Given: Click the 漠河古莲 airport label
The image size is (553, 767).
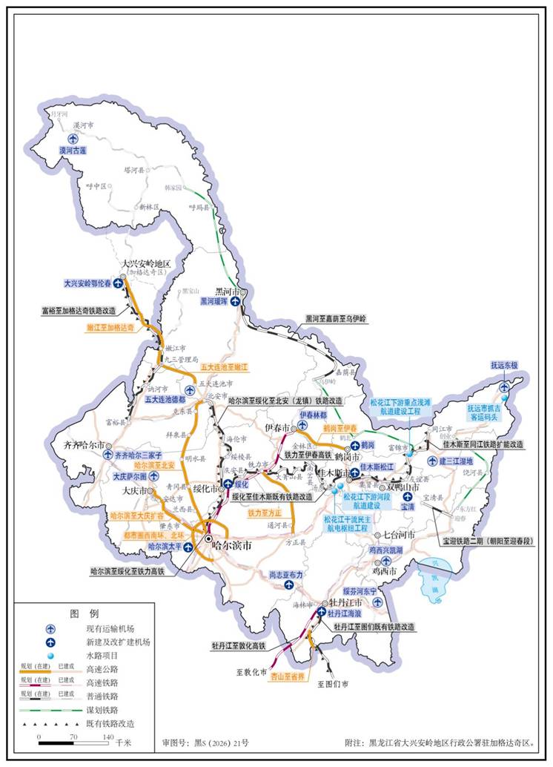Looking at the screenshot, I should (x=73, y=150).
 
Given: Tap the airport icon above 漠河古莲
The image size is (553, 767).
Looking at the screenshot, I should (x=73, y=139).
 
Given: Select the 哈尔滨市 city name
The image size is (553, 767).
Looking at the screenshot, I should (x=232, y=544).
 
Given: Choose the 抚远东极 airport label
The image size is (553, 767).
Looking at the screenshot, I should (x=504, y=366).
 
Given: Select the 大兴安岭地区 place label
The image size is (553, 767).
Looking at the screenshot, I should (x=147, y=264).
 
